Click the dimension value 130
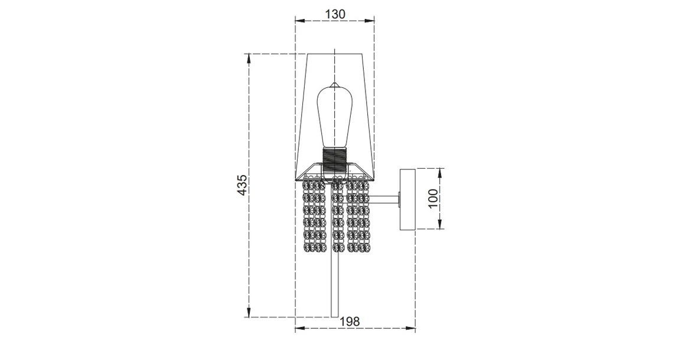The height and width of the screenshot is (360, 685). point(335,13)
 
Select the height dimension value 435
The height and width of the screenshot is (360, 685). point(242,186)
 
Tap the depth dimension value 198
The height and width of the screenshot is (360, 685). point(350,321)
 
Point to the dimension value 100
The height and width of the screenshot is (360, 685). point(433,198)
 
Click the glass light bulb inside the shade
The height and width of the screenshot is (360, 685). point(334,118)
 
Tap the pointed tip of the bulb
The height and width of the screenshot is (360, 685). point(334,82)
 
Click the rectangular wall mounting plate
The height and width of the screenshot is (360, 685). point(408,199)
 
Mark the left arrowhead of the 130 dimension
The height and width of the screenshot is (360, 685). point(297,21)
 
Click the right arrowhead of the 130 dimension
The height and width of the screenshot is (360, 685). point(372,21)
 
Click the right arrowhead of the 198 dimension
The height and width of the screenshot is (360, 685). point(413,329)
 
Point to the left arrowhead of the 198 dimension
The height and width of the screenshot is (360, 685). point(298,329)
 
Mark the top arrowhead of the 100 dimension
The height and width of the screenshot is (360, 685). point(441,171)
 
